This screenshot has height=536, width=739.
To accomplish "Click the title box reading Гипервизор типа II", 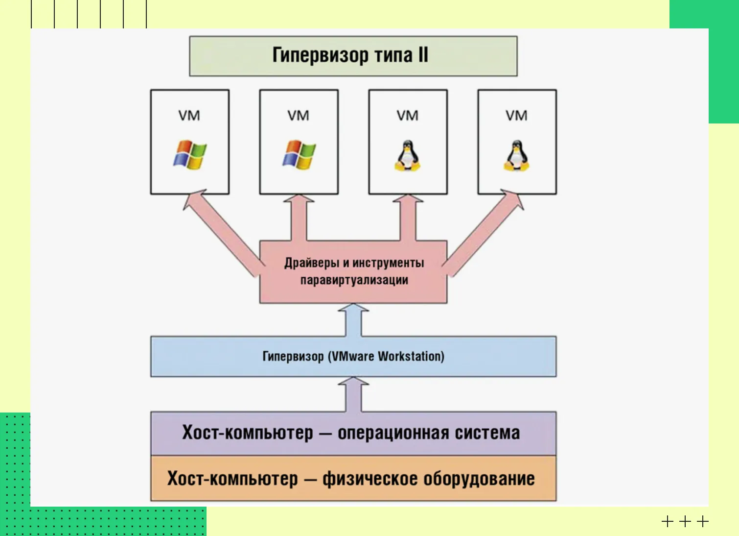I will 353,56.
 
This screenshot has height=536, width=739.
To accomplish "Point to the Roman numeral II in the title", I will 423,55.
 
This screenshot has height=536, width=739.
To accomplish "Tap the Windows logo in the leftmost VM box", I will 190,155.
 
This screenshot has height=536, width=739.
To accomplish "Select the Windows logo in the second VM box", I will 299,155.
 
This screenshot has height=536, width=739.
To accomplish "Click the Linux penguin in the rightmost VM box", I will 516,156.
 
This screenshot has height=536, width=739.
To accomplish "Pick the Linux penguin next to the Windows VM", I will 407,156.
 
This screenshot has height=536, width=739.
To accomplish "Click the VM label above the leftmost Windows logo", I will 189,116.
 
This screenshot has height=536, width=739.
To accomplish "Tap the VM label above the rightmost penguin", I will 516,116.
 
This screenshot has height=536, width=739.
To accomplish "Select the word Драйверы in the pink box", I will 312,263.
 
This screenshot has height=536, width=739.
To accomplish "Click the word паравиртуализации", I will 354,280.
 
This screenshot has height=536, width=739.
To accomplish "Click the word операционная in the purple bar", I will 393,433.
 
